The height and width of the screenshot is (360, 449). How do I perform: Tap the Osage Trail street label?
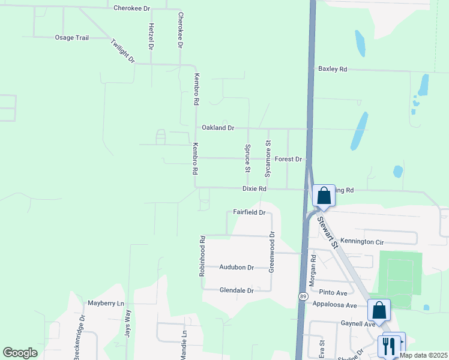tap(72, 38)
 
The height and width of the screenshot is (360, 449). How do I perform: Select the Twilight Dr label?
tap(123, 52)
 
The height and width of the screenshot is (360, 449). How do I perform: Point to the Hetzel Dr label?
tap(151, 38)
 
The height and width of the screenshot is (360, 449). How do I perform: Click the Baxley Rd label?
tap(333, 70)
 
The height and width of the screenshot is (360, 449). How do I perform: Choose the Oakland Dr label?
tap(218, 128)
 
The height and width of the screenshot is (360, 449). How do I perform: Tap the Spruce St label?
tap(247, 157)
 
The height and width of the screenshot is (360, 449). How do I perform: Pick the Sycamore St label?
tap(268, 158)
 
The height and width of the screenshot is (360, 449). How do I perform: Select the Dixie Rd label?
tap(254, 188)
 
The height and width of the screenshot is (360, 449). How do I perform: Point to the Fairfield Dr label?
tap(249, 212)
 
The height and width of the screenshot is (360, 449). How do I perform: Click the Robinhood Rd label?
tap(203, 256)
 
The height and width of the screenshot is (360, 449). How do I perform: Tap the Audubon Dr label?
tap(237, 268)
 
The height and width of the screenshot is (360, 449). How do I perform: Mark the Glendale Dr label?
tap(237, 290)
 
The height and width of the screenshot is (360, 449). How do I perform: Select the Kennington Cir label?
tap(361, 242)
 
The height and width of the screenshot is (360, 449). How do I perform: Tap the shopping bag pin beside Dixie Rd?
tap(324, 196)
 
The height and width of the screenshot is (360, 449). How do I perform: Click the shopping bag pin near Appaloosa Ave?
tap(379, 310)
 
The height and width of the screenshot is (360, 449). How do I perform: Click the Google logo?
tap(20, 353)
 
